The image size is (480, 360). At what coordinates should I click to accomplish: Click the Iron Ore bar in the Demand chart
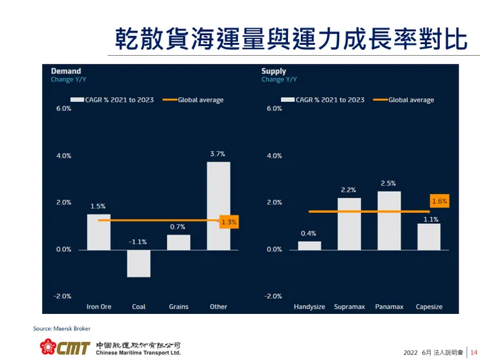click(x=99, y=232)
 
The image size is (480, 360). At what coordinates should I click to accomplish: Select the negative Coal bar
click(x=138, y=263)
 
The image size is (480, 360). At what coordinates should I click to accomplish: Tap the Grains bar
click(x=178, y=242)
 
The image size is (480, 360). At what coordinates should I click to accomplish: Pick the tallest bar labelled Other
click(x=219, y=205)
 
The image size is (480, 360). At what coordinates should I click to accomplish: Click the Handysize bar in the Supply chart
click(x=309, y=245)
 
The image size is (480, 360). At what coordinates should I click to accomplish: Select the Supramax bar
click(x=349, y=223)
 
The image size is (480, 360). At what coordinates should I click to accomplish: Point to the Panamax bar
click(x=389, y=220)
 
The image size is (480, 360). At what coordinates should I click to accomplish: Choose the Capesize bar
click(x=429, y=236)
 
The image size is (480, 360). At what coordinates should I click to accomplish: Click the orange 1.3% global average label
click(x=229, y=222)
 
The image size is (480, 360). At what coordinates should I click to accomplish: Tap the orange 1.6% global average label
click(x=440, y=202)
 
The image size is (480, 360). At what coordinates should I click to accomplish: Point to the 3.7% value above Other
click(x=218, y=154)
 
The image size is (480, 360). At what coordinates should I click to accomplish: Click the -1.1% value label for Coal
click(x=138, y=242)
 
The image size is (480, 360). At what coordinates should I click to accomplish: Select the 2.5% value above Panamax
click(x=389, y=183)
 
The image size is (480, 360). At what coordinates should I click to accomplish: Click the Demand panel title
click(x=66, y=71)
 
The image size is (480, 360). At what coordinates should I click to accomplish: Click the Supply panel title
click(x=274, y=71)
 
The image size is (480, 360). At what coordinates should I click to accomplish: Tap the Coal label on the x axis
click(x=138, y=307)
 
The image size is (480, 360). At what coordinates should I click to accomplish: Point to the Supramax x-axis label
click(x=349, y=307)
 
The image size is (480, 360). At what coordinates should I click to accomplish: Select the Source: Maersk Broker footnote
click(x=62, y=328)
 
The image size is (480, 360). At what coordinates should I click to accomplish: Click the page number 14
click(x=474, y=352)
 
